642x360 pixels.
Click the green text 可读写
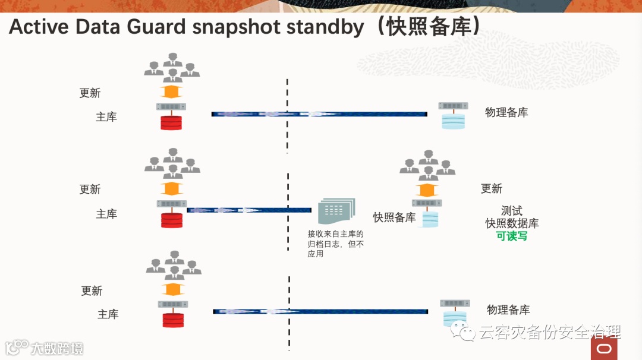512,236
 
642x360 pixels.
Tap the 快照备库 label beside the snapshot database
394,217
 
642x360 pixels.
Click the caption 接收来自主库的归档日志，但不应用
335,244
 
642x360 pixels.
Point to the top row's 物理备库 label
506,112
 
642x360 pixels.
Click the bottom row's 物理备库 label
508,310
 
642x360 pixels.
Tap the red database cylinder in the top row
171,122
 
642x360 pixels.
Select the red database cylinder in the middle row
172,220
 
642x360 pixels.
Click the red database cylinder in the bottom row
173,320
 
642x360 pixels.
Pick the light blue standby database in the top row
453,121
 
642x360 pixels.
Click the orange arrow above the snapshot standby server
426,190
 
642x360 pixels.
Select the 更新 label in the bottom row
92,290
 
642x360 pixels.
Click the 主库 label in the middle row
106,214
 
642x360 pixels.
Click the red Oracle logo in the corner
605,348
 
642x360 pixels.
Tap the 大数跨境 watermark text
57,348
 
